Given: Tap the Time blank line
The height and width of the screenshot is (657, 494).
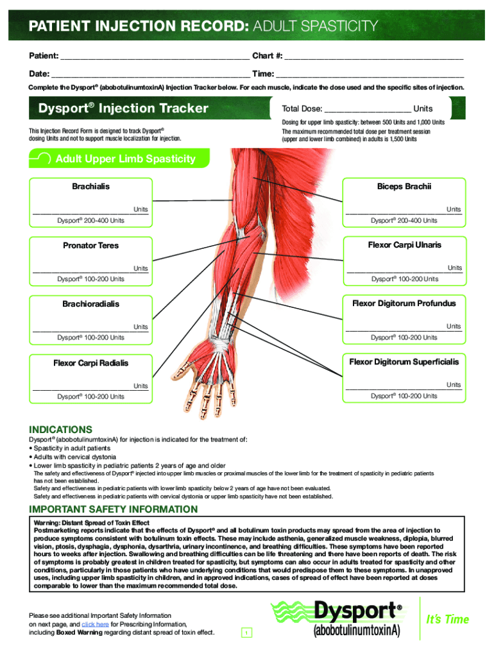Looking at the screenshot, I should (x=370, y=73).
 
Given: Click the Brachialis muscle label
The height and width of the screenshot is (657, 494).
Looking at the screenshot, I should (x=90, y=187).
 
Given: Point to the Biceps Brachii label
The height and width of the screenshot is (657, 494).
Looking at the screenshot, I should (x=404, y=187).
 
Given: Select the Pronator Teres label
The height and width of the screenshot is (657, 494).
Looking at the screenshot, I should (x=90, y=246).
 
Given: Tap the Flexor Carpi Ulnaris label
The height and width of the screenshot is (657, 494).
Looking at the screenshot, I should (x=404, y=245).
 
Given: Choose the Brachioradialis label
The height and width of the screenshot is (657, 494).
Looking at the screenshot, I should (x=90, y=304).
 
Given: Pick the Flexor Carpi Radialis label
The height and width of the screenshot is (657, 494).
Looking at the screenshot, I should (x=90, y=363).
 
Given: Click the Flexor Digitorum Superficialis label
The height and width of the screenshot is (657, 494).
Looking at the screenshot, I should (x=404, y=362).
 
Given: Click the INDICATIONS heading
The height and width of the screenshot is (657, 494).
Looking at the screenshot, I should (x=61, y=429).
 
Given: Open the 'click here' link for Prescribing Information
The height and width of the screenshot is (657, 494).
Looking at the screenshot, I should (x=95, y=624).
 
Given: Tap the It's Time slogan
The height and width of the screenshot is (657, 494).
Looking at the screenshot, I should (x=448, y=619).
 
